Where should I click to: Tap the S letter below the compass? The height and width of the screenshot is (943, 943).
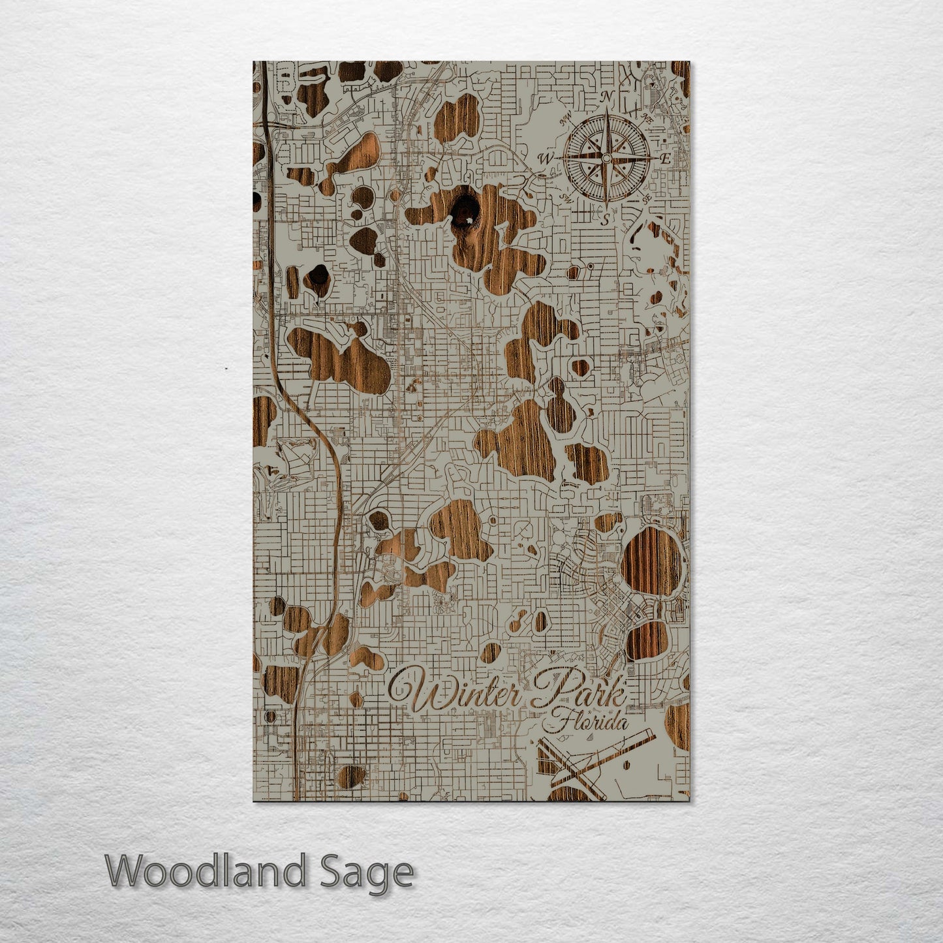606,220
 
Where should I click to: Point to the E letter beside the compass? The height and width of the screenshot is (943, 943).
666,159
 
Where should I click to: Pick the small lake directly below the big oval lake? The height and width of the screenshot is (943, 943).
647,639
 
